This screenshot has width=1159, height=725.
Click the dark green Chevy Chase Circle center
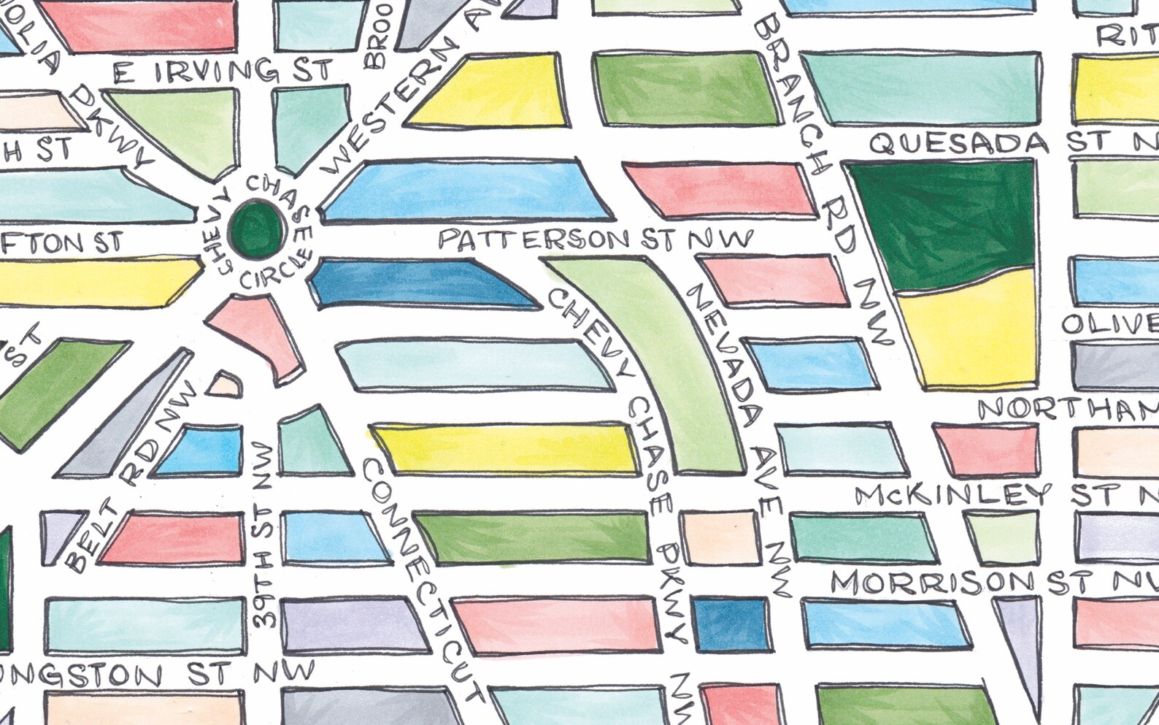coord(255,229)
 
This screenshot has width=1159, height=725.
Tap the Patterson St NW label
coord(595,239)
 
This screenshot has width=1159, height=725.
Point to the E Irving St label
coord(223,72)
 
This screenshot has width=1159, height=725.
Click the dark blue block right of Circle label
coord(416,283)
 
